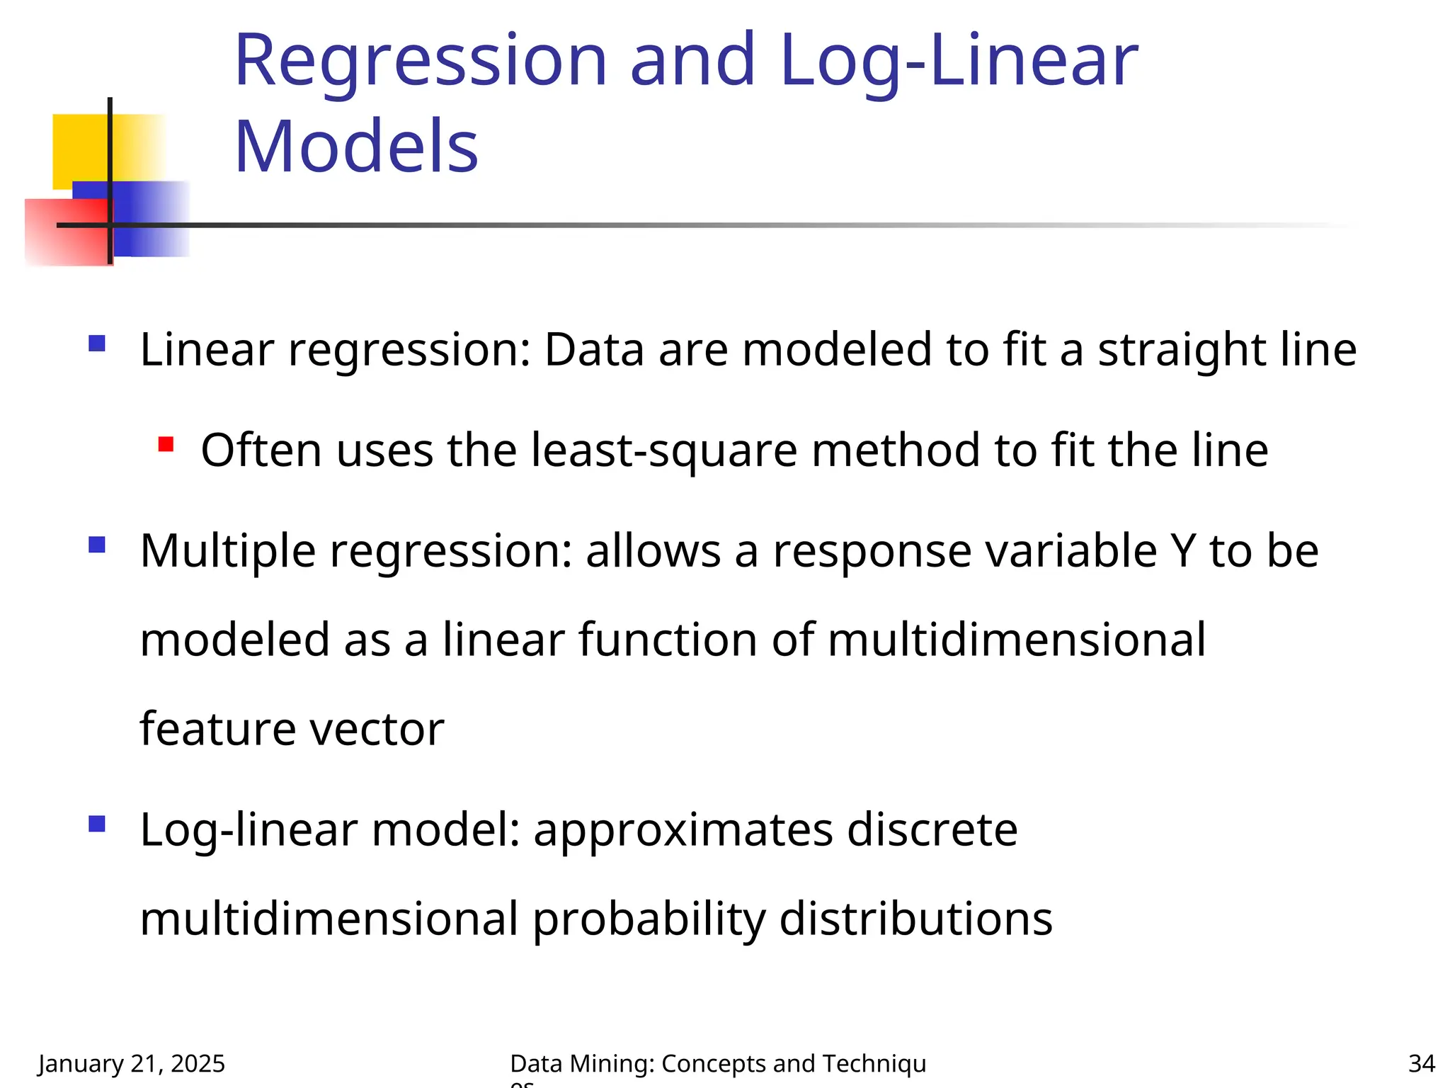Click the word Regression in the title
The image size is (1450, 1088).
[421, 62]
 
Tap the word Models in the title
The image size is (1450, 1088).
[356, 147]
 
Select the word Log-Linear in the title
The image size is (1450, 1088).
[958, 62]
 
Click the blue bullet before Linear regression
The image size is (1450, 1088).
[97, 344]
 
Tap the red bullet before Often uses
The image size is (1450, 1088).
[166, 445]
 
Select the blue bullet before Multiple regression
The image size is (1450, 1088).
[97, 545]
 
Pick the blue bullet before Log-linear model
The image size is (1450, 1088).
[97, 824]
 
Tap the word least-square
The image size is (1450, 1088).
[663, 450]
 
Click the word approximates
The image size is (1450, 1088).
[683, 830]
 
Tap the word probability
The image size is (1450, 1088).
[649, 919]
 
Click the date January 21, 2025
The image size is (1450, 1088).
[132, 1064]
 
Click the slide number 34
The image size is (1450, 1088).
[1421, 1064]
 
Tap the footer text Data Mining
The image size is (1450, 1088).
[582, 1064]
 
